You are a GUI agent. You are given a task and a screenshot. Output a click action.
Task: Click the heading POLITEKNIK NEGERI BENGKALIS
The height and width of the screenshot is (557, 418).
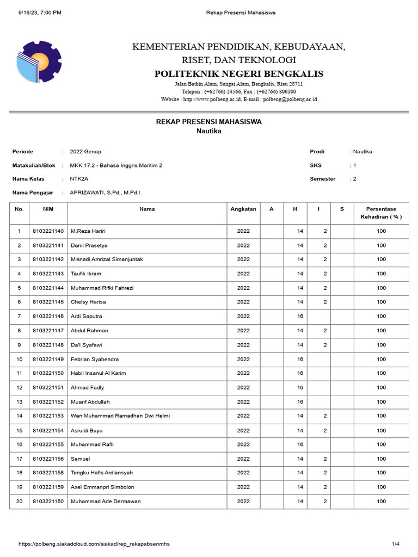coord(238,73)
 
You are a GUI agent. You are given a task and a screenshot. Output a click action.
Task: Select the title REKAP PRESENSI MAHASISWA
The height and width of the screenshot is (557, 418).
coord(209,122)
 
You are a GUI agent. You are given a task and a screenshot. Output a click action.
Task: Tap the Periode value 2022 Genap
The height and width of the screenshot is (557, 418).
coord(85,152)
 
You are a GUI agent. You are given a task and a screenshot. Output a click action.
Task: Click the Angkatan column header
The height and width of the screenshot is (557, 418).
coord(243,209)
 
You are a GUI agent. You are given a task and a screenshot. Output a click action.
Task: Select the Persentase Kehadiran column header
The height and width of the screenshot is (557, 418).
coord(381,213)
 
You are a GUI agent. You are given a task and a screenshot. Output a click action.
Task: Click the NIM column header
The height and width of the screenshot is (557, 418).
coord(48,209)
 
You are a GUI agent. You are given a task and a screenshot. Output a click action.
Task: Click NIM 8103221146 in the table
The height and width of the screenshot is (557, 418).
coord(48,316)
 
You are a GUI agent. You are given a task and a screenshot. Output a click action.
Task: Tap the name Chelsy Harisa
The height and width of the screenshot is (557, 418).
coord(88,302)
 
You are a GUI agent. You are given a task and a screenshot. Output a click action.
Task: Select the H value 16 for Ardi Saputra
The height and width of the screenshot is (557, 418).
coord(300,316)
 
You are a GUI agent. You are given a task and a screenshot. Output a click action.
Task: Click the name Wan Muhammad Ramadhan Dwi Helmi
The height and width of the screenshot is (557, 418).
coord(120,416)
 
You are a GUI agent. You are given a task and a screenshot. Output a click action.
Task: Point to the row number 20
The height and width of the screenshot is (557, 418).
coord(19,501)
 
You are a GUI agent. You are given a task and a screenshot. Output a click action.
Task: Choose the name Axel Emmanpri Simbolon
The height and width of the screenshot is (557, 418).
coord(102,487)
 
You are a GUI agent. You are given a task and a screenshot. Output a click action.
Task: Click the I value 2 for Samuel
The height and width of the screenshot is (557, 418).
coord(325,459)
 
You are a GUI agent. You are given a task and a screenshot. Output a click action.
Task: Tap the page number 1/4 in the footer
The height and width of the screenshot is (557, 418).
coord(396,544)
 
